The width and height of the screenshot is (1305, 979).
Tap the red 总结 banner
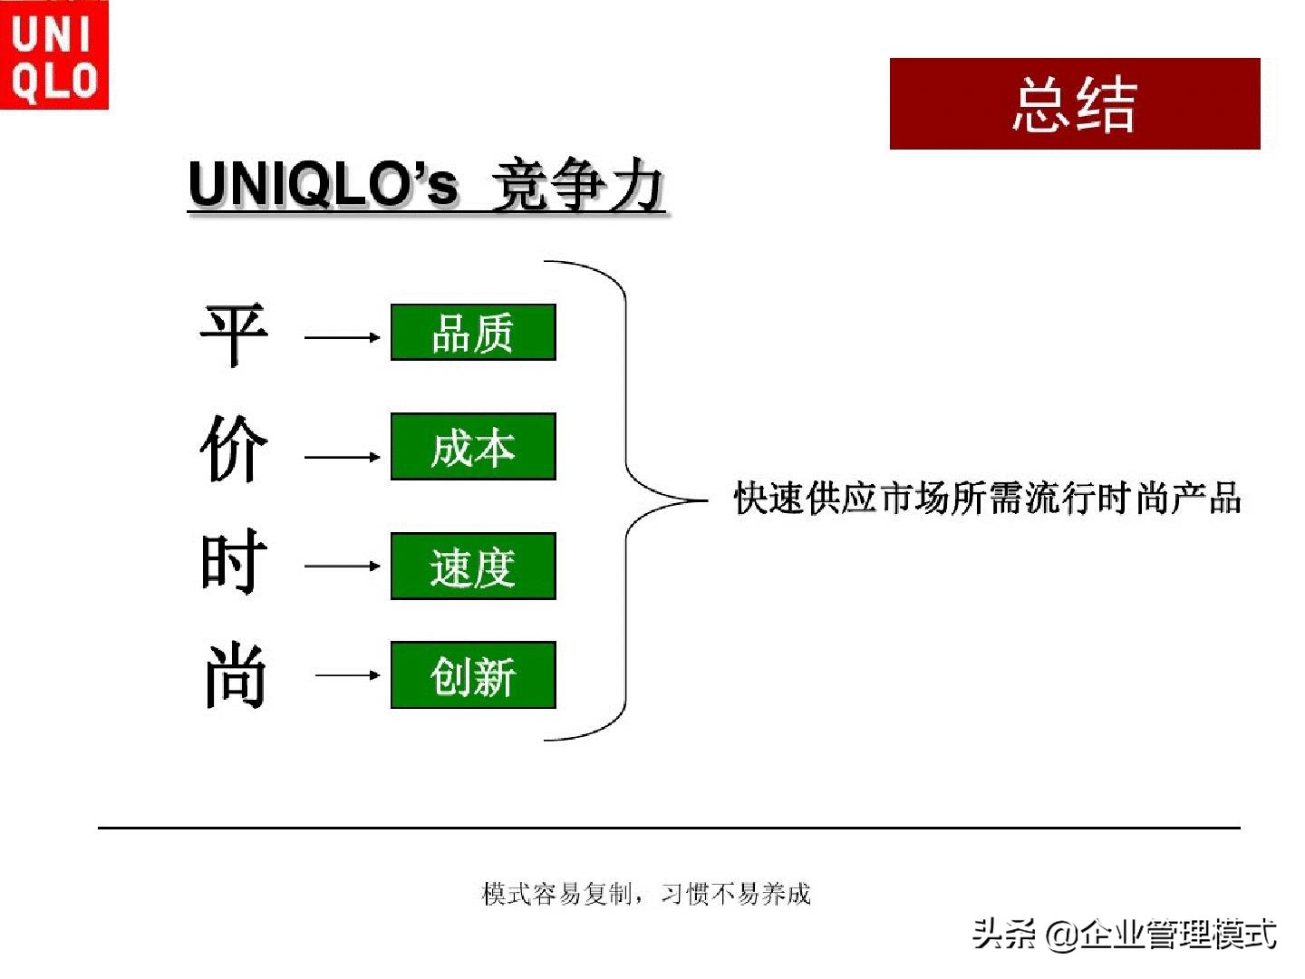click(1075, 104)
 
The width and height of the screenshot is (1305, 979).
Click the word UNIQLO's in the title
click(323, 184)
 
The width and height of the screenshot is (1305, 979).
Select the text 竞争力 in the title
click(577, 185)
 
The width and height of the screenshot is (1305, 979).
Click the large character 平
click(234, 334)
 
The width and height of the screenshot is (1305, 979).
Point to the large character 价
click(234, 449)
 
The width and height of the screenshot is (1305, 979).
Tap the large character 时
click(234, 562)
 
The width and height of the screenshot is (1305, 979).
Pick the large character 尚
click(234, 675)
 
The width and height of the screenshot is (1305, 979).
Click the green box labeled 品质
click(473, 333)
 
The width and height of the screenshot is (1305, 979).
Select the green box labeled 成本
click(473, 447)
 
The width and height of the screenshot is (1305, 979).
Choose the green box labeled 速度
click(473, 567)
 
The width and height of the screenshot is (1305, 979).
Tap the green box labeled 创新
click(473, 675)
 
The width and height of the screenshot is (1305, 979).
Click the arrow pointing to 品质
click(343, 337)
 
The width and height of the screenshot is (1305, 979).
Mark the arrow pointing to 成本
click(343, 457)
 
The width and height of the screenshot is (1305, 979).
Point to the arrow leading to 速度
click(343, 566)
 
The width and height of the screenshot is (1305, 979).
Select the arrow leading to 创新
click(348, 674)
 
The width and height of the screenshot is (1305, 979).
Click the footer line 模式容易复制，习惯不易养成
click(646, 894)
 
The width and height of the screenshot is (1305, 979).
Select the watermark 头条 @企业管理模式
click(1124, 934)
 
